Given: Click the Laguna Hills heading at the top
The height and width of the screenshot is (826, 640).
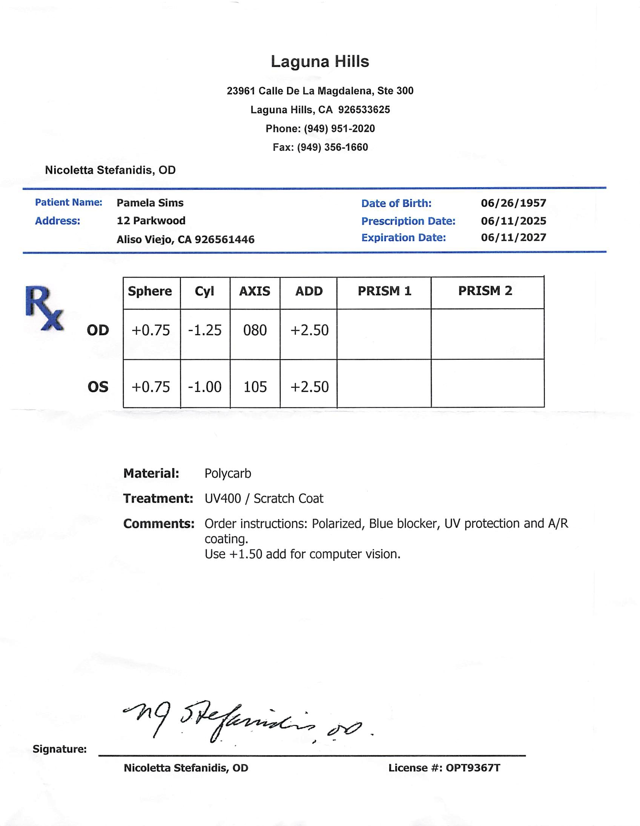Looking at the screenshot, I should (x=319, y=61).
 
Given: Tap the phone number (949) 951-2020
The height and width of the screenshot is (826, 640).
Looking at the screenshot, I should (x=339, y=129).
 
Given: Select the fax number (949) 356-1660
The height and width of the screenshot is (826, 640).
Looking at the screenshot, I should (x=333, y=147).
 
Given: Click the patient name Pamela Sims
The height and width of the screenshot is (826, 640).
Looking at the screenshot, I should (x=150, y=203).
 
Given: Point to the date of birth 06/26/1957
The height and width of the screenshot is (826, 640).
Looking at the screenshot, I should (x=513, y=203).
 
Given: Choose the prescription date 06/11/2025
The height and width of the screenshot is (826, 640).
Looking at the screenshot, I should (x=513, y=221).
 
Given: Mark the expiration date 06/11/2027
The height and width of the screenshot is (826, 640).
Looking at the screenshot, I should (x=513, y=238).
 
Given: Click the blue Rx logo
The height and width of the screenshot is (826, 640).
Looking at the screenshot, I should (x=44, y=309).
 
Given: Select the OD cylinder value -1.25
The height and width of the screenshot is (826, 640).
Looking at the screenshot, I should (x=205, y=330).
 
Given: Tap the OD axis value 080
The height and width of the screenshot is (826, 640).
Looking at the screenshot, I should (x=255, y=330).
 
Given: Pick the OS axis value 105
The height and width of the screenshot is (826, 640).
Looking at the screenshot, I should (x=255, y=387).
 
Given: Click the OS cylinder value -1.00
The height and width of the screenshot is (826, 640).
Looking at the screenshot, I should (x=205, y=387).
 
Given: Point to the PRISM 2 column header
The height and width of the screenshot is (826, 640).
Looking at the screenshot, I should (x=485, y=291).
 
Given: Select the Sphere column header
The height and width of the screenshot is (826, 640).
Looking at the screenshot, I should (x=150, y=291).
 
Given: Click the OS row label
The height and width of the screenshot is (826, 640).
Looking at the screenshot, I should (x=98, y=387).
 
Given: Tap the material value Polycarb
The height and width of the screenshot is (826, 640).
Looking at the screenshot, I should (x=228, y=473).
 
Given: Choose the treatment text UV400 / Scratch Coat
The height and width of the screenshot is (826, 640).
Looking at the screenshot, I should (x=264, y=499).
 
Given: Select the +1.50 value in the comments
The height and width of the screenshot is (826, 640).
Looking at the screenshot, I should (x=246, y=554).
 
